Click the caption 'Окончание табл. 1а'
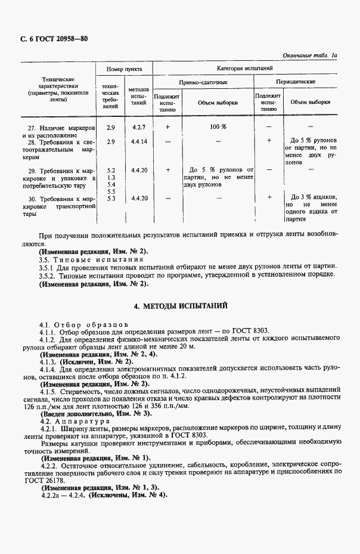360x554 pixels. tap(310, 55)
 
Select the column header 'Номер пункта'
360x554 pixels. tap(124, 70)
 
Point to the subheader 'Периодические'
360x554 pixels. tap(296, 82)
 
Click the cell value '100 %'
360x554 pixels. tap(218, 127)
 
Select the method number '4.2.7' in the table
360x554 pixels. tap(139, 127)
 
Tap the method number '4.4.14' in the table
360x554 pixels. tap(139, 141)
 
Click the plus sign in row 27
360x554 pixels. tap(167, 127)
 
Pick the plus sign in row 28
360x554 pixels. tap(269, 141)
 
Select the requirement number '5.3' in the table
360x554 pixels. tap(110, 198)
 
